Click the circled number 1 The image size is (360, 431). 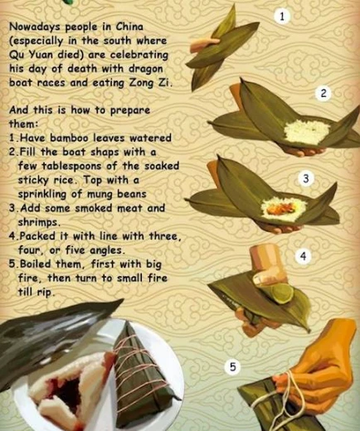click(x=282, y=17)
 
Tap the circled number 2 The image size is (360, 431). click(x=323, y=94)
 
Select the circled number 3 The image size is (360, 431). click(x=305, y=179)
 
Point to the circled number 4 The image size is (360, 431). click(x=304, y=257)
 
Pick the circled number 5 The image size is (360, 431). click(x=232, y=367)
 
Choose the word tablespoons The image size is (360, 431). click(x=71, y=167)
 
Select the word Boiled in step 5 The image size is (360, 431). click(x=36, y=264)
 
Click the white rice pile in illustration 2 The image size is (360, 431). click(x=307, y=130)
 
